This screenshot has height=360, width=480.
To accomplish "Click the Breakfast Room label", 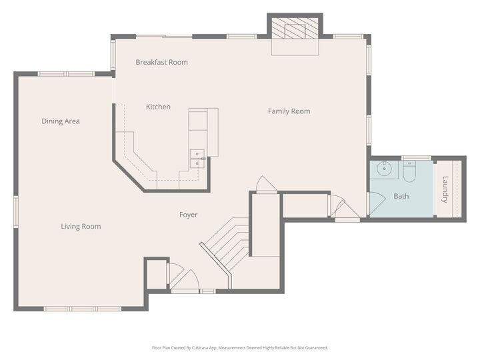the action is coord(161,62).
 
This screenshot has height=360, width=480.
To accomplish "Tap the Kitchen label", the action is coord(158,107).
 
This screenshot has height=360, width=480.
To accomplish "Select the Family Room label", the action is coord(289,111).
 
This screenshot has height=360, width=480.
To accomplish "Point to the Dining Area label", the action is coord(61,121).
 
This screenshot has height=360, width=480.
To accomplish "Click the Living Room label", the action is coord(81,227).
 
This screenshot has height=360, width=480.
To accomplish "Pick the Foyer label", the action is coord(188,215).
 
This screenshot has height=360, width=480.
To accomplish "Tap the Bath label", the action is coord(401,196).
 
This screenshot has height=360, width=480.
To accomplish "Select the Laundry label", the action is coord(445,189).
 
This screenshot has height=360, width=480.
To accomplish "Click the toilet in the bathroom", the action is coord(409,171).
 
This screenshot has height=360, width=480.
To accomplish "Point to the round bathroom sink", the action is coord(384,169).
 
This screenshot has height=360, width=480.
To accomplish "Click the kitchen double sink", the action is coord(197,159).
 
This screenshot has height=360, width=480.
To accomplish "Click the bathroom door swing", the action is coord(377,203).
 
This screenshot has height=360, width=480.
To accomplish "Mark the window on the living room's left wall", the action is coord(15,212).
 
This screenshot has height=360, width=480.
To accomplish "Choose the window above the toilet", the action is coord(416,158).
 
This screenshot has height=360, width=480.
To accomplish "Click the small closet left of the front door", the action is coord(157,275).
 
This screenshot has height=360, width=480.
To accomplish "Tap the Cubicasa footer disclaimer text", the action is coord(240,348).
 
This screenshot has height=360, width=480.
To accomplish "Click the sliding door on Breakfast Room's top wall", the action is coord(164,37).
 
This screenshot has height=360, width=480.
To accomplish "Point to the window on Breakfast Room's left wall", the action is coord(113,55).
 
